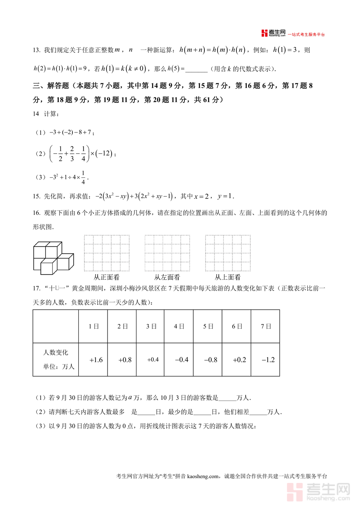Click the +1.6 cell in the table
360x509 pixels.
96,360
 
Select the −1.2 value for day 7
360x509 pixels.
268,360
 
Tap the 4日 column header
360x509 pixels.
179,327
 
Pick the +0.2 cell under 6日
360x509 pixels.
239,360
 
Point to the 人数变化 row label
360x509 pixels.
56,353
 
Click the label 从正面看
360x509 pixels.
106,277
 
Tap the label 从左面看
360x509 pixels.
167,277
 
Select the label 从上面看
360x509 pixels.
228,277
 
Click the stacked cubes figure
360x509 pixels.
53,258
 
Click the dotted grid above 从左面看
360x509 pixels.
167,253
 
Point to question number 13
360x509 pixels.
37,50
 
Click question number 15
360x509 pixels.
37,196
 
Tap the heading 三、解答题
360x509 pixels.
52,86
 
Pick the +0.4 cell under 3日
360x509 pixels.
153,360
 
